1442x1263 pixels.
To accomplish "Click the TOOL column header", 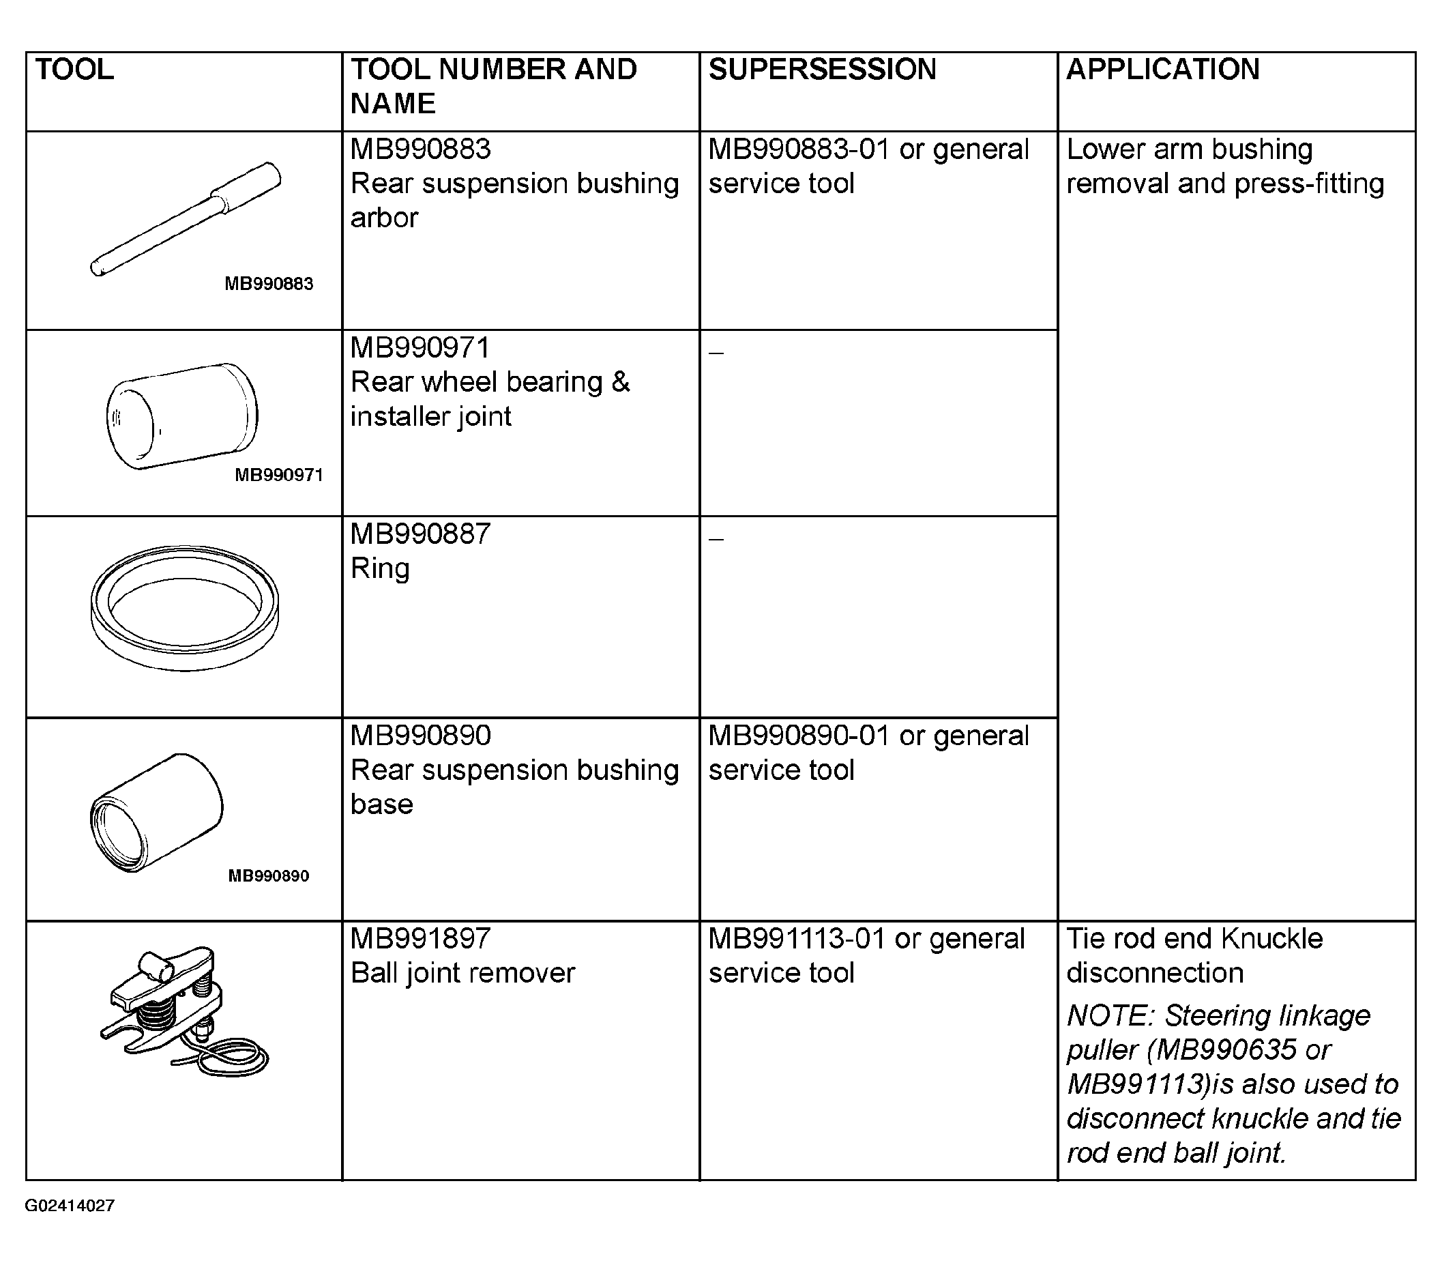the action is [74, 69].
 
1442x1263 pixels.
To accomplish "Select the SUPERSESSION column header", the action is [822, 69].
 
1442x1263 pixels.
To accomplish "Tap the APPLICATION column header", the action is [1163, 69].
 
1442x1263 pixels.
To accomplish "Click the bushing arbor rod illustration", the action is [186, 218].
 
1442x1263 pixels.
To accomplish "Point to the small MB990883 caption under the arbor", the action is [269, 283].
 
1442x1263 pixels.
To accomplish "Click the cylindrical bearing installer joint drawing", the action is [182, 416].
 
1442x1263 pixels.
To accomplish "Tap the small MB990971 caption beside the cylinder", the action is [279, 474].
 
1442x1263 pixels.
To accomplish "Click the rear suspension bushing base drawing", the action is [156, 813].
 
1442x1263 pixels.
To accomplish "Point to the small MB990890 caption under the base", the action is [268, 876].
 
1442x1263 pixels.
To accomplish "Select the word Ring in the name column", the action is [381, 568].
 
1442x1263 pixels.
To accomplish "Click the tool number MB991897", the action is [421, 938].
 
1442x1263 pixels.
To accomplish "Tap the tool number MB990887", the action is [421, 534].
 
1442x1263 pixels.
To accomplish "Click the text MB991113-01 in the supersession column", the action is [797, 938].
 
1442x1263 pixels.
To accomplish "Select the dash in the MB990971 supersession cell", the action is [716, 351].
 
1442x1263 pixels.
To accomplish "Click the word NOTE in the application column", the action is [1111, 1015].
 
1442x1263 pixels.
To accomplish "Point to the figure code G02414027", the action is [70, 1205].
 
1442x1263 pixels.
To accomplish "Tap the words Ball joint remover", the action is [463, 973].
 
